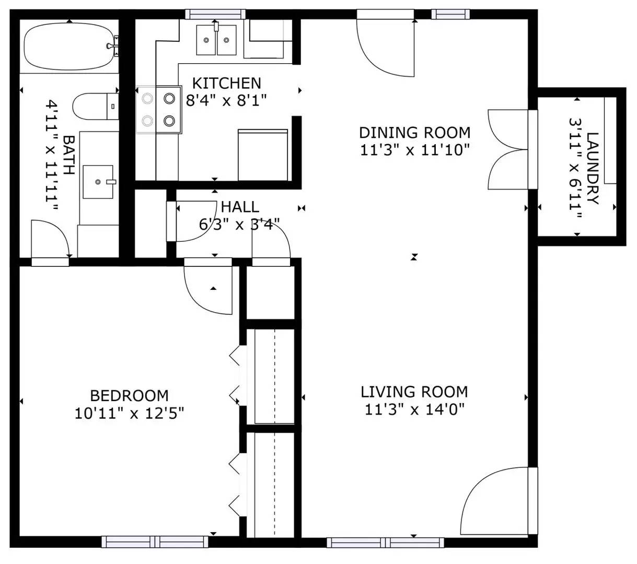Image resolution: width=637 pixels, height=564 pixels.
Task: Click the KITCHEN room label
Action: click(226, 83)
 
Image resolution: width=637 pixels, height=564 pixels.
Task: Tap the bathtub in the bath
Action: click(69, 47)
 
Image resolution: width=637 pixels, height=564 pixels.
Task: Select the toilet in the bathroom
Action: click(96, 106)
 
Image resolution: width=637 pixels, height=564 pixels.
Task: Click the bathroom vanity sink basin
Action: click(98, 182)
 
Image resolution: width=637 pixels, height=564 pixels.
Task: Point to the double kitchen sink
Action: click(216, 40)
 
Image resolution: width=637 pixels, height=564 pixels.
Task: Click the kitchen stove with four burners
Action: click(159, 110)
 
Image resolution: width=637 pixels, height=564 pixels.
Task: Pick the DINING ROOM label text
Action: click(414, 133)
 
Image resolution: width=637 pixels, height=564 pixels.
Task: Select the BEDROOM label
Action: click(129, 396)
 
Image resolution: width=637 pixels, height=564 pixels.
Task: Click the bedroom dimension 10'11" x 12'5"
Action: click(129, 413)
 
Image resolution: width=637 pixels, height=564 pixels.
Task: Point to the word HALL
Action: click(240, 207)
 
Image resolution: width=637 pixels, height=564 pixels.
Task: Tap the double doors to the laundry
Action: click(513, 149)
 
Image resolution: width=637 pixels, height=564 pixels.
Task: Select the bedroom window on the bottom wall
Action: click(155, 542)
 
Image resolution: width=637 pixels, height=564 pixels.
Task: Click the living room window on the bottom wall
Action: click(386, 543)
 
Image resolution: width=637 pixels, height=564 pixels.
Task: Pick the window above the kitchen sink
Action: click(215, 14)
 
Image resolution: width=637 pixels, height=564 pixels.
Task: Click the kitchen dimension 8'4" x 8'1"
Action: click(226, 101)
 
